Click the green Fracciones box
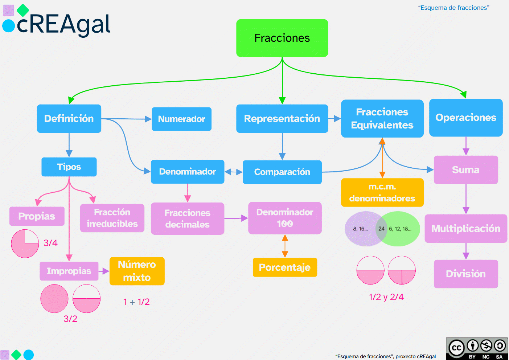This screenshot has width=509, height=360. pyautogui.click(x=282, y=38)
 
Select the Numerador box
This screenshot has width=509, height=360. pyautogui.click(x=181, y=119)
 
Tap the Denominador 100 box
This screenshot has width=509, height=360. pyautogui.click(x=285, y=218)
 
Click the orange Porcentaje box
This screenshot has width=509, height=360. pyautogui.click(x=285, y=267)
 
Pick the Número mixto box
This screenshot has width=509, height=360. pyautogui.click(x=137, y=271)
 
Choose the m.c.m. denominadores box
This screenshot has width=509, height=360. pyautogui.click(x=382, y=193)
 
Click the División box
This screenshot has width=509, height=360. pyautogui.click(x=465, y=274)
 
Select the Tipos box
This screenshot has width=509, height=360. pyautogui.click(x=69, y=167)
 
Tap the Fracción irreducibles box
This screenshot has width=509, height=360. pyautogui.click(x=112, y=218)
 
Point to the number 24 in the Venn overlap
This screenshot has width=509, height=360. pyautogui.click(x=381, y=229)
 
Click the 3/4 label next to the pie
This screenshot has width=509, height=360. pyautogui.click(x=50, y=243)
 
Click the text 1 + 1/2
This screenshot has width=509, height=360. pyautogui.click(x=136, y=302)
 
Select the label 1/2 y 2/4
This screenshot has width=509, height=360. pyautogui.click(x=386, y=297)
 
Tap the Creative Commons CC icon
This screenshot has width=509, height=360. pyautogui.click(x=456, y=348)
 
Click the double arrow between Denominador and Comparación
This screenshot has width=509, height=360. pyautogui.click(x=233, y=172)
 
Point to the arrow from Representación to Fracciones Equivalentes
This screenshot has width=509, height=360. pyautogui.click(x=334, y=119)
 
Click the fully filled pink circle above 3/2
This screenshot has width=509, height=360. pyautogui.click(x=54, y=299)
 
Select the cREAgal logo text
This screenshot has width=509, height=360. pyautogui.click(x=63, y=25)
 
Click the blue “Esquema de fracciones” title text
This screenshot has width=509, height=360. pyautogui.click(x=453, y=8)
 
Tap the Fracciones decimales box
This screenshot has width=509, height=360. pyautogui.click(x=187, y=218)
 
